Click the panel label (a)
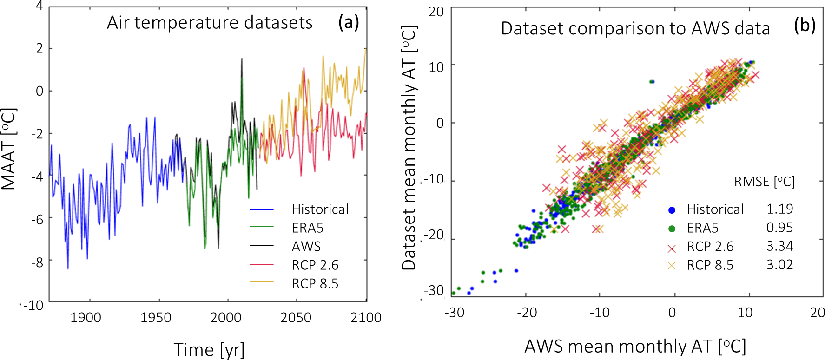coord(349,22)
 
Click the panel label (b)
coord(805,26)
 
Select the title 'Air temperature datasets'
coord(210,23)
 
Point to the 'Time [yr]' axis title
coord(209,349)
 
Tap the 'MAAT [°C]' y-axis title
coord(9,149)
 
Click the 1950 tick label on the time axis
coord(156,318)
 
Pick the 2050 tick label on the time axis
coord(296,318)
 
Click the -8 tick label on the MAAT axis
coord(37,262)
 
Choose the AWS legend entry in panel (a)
coord(306,246)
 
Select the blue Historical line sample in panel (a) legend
coord(262,210)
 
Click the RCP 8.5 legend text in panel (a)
coord(315,283)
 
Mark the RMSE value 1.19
coord(779,209)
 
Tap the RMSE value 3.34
coord(779,246)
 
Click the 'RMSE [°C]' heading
coord(764,182)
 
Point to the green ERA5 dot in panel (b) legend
coord(672,229)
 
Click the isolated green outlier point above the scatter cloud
coord(652,82)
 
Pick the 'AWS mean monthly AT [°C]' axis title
coord(635,347)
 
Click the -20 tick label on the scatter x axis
coord(527,313)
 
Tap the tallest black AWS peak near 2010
coord(242,59)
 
